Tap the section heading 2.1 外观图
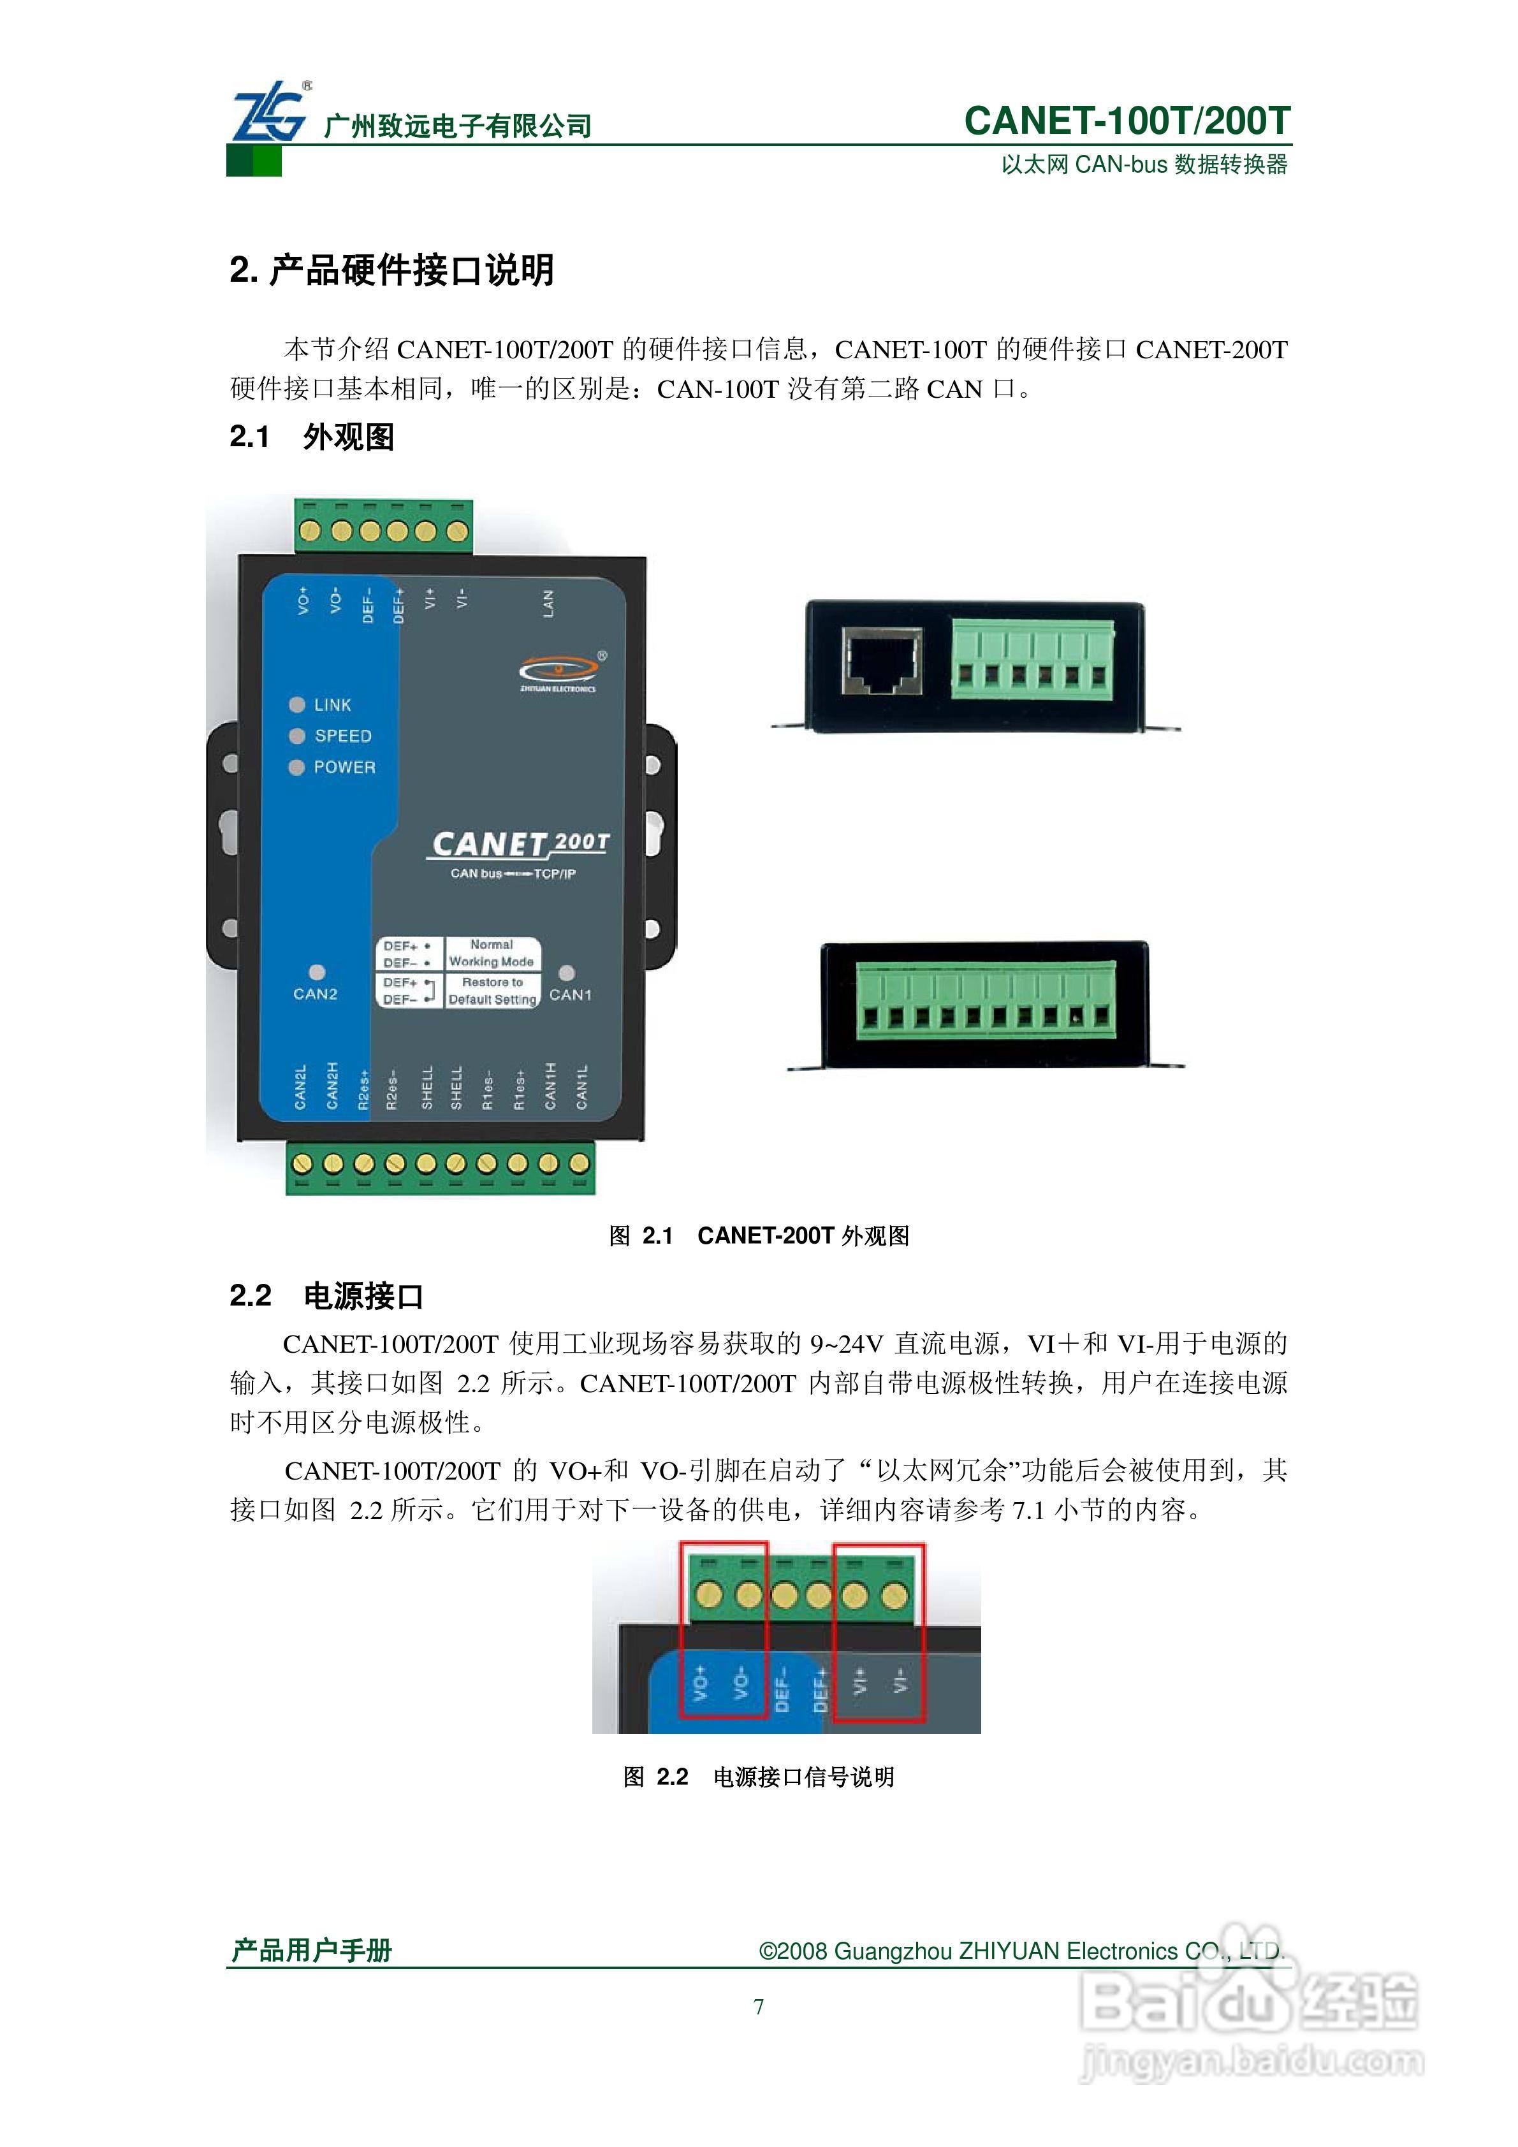tap(312, 436)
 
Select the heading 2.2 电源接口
tap(326, 1295)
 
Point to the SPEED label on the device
tap(342, 736)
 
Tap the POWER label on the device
tap(344, 767)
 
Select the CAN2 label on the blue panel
tap(315, 994)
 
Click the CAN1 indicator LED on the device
tap(566, 973)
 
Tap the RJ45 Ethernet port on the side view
tap(881, 661)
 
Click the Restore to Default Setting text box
tap(492, 991)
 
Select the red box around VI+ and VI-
tap(879, 1633)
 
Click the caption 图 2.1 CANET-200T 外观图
tap(759, 1235)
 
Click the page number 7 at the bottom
tap(759, 2007)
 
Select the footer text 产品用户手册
tap(312, 1951)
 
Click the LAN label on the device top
tap(548, 603)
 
